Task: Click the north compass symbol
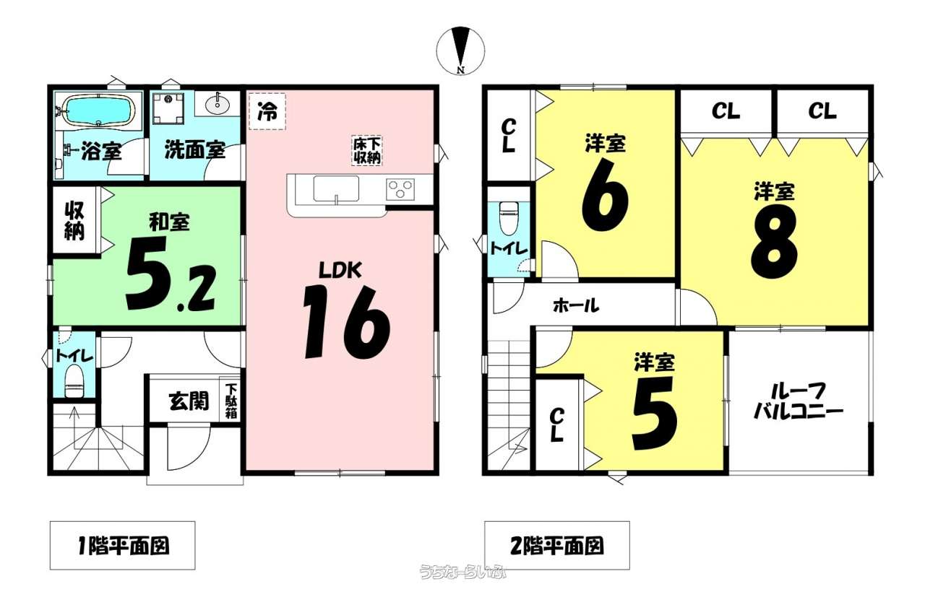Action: [460, 51]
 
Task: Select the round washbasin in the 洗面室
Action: [218, 105]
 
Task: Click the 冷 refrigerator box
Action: [267, 111]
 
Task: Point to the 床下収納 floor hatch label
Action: [366, 151]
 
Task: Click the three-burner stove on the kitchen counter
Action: [400, 189]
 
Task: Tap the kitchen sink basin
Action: [336, 188]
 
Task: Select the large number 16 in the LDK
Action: [346, 322]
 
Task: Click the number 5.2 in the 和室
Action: [170, 274]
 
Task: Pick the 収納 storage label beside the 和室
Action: [74, 222]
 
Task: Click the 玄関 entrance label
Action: [189, 401]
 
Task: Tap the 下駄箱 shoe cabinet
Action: [231, 401]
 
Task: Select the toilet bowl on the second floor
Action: [508, 219]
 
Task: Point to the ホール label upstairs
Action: [576, 306]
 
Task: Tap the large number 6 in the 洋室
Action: [605, 194]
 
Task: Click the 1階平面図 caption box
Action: [123, 546]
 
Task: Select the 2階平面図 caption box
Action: [557, 546]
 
